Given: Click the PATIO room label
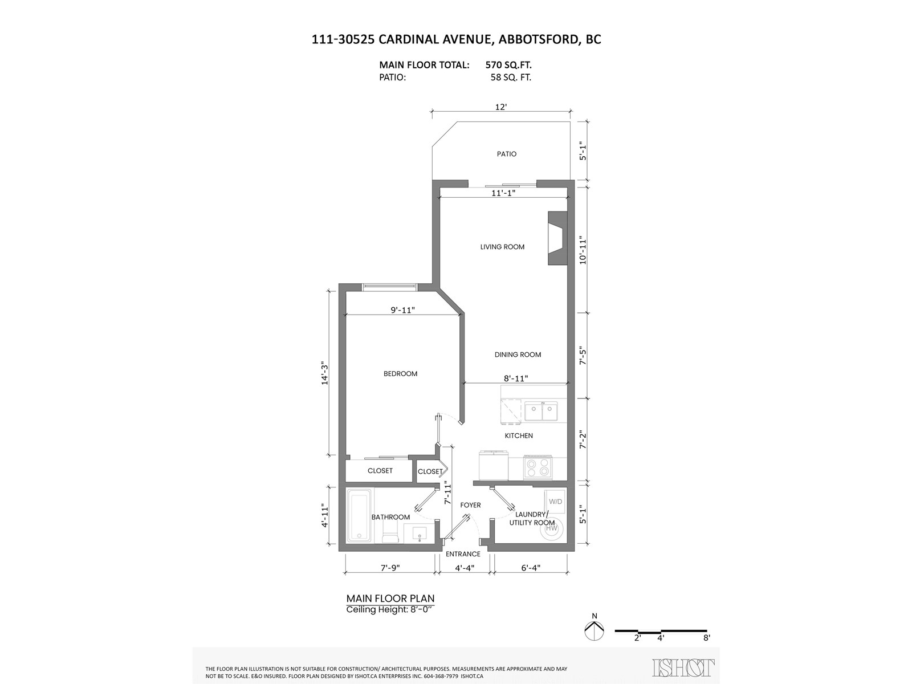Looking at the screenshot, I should click(x=506, y=154).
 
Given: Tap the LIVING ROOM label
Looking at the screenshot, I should click(x=502, y=247).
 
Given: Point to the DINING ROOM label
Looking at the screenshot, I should click(x=518, y=355).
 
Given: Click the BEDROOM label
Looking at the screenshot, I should click(x=400, y=374).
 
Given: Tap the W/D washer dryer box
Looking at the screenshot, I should click(x=555, y=502).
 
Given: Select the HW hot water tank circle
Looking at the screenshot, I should click(x=552, y=528).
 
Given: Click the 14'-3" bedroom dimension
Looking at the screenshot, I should click(x=325, y=373).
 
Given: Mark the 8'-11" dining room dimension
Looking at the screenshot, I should click(x=516, y=378).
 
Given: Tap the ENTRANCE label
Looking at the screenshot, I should click(x=463, y=554).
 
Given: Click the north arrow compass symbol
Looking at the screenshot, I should click(x=595, y=630).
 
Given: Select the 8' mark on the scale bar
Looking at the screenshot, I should click(x=707, y=638).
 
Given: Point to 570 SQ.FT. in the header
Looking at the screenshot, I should click(x=508, y=65).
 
